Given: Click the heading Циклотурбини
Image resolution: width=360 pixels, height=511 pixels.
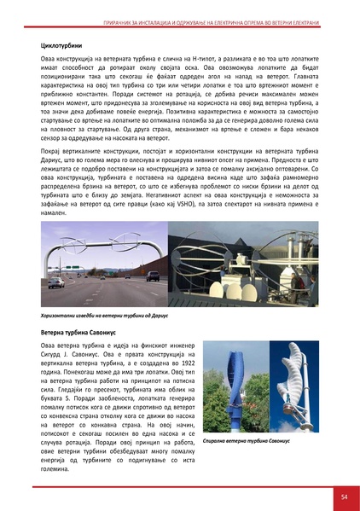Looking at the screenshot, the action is (x=63, y=40).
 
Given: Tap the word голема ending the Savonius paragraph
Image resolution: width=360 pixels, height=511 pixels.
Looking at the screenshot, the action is (x=57, y=468).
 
